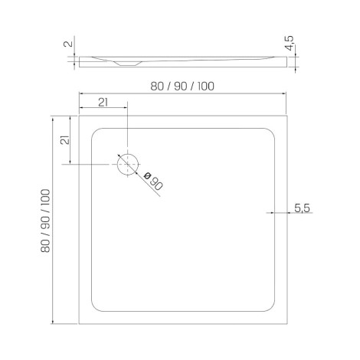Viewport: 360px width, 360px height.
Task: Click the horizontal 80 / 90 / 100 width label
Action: pos(182,87)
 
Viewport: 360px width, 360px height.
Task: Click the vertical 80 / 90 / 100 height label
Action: pos(45,221)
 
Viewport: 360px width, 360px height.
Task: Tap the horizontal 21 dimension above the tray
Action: pos(103,103)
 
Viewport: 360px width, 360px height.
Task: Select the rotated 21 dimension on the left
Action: pos(65,140)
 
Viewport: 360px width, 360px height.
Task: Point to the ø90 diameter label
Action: pos(153,182)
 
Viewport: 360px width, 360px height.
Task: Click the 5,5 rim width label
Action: pos(302,208)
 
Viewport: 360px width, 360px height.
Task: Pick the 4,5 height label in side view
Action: pos(290,44)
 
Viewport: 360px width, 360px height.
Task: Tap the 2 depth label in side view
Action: pos(68,44)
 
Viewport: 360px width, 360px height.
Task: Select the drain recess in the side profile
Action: pos(127,64)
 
